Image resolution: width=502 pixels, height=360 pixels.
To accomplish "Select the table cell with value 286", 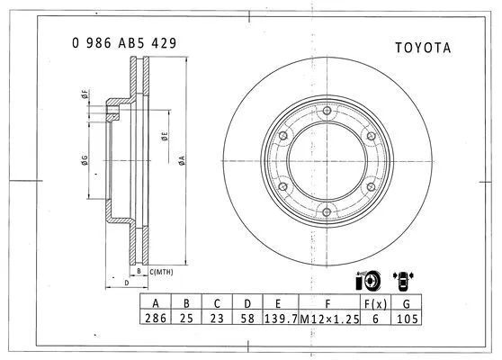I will click(156, 319).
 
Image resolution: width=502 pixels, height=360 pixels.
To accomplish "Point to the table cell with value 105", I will click(408, 319).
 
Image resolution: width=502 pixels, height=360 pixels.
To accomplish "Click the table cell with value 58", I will click(247, 319).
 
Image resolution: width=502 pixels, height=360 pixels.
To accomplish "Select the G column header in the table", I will click(408, 303).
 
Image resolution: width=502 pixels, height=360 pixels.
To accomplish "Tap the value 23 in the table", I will click(217, 319).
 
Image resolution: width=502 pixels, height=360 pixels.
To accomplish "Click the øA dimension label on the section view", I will click(181, 160).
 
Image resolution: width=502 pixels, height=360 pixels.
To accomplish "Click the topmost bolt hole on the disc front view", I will click(324, 112).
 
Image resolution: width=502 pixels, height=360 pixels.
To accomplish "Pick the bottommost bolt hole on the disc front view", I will click(324, 213).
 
